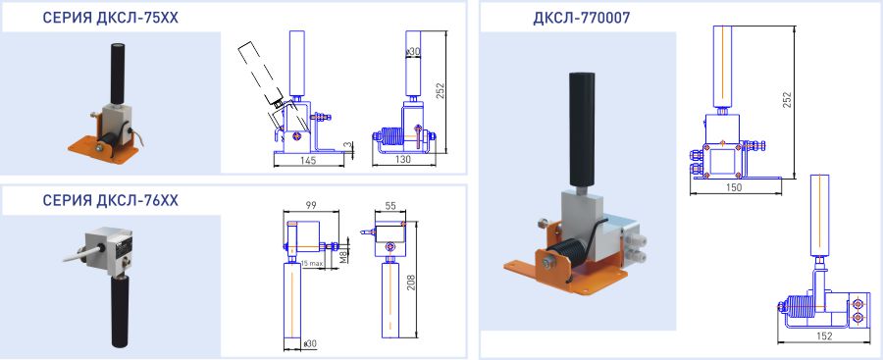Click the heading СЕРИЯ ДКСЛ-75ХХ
pos(110,18)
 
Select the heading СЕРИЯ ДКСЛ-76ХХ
pos(110,200)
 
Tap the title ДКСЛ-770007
pos(582,18)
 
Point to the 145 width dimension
pos(308,160)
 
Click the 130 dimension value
pos(404,160)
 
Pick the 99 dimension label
pos(311,206)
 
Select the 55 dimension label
pos(390,206)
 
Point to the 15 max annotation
pos(311,263)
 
